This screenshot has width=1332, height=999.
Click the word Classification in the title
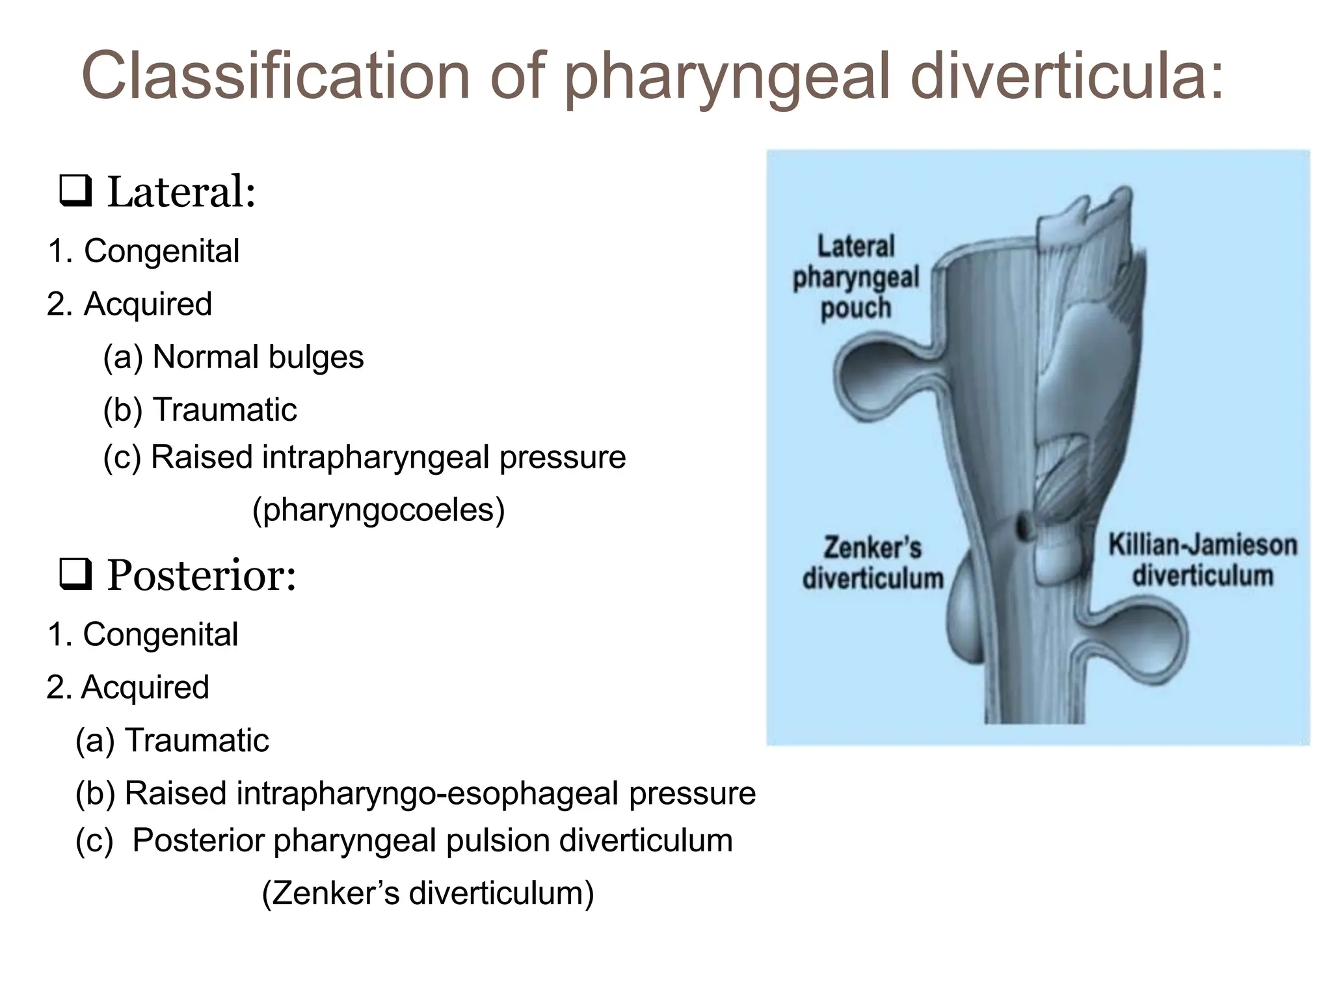[276, 77]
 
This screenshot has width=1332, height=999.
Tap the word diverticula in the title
[1067, 77]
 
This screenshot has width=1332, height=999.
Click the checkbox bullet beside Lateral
[75, 191]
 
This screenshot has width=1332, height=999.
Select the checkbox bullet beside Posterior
[75, 575]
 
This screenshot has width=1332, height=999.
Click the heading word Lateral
[181, 193]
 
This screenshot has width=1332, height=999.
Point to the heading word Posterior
[201, 576]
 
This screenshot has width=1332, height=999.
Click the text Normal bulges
[258, 357]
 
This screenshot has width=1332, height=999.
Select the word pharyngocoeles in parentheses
[379, 510]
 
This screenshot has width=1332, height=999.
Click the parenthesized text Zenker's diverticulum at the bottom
[428, 894]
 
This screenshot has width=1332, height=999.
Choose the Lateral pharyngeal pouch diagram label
[855, 277]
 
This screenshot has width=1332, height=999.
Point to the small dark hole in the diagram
[1023, 524]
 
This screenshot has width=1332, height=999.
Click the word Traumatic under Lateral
[224, 410]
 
